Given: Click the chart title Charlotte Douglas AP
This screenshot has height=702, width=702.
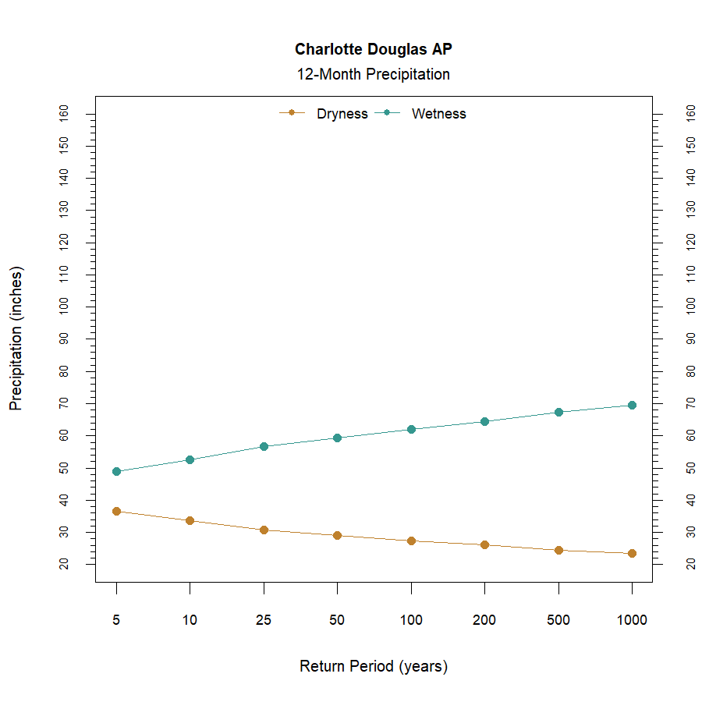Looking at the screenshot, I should (373, 49).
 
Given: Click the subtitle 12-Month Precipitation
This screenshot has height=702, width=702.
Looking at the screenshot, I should (373, 75).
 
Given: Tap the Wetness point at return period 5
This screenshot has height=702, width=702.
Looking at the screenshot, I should (116, 471).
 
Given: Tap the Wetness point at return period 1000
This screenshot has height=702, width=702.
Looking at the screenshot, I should (632, 405).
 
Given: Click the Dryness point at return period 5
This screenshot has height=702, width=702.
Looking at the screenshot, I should (116, 511).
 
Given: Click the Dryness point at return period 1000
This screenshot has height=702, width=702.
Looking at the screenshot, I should (632, 553).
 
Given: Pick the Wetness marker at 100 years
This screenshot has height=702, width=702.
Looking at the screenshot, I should (411, 429).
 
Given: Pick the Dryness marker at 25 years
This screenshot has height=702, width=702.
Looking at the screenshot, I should (264, 530).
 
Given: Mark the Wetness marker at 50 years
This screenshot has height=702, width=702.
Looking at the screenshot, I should (337, 438).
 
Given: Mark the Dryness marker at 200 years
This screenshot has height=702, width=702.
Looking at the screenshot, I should (484, 544).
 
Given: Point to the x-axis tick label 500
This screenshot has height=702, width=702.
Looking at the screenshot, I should (558, 620).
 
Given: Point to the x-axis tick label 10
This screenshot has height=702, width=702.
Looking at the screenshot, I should (190, 620).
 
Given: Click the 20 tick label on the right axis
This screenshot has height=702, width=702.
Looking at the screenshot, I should (690, 563).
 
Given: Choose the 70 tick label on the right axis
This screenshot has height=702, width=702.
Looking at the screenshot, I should (690, 403).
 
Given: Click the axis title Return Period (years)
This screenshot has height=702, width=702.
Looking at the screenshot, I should (373, 667).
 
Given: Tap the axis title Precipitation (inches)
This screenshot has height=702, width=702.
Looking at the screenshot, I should (16, 339).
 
